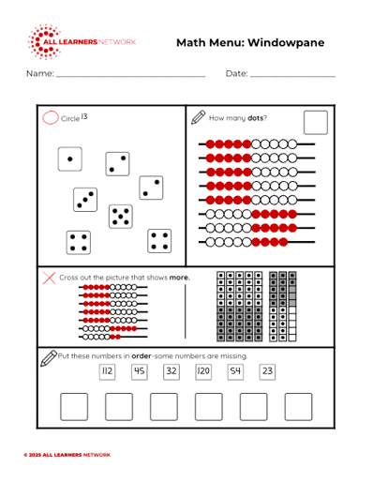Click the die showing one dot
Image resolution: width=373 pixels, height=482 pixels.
tap(70, 159)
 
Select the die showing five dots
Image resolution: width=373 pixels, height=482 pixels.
tap(121, 217)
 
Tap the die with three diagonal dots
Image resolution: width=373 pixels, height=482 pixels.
tap(85, 200)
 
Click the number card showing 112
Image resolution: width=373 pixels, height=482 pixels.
tap(107, 371)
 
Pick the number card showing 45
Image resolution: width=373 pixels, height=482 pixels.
tap(140, 371)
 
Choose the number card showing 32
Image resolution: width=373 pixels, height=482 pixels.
tap(172, 371)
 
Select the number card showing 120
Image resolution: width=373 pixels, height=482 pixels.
tap(203, 371)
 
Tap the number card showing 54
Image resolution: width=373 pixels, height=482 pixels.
tap(235, 371)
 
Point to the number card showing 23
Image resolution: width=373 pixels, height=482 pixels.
tap(267, 371)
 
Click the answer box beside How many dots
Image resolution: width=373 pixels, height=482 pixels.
tap(316, 123)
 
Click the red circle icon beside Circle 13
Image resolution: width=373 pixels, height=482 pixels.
tap(51, 118)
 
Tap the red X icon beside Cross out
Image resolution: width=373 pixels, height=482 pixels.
tap(49, 278)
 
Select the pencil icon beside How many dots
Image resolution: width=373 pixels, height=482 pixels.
tap(198, 117)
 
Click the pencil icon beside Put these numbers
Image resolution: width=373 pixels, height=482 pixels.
tap(49, 358)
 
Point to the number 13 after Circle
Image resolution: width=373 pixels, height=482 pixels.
tap(84, 116)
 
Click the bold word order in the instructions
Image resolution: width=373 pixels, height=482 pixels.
tap(142, 356)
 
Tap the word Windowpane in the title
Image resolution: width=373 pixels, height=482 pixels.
tap(286, 42)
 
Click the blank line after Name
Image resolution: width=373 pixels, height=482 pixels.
tap(131, 76)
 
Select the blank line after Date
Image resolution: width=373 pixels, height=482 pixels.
tap(292, 76)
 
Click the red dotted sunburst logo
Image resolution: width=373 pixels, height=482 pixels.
tap(44, 41)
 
